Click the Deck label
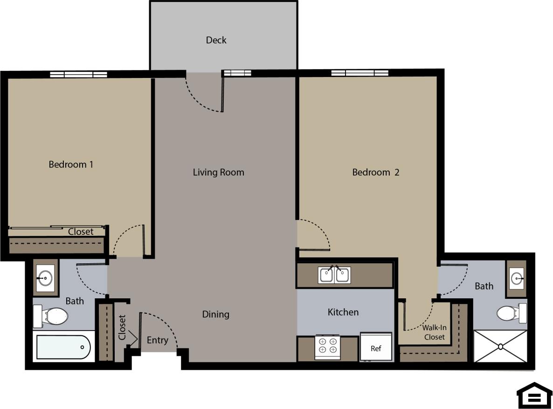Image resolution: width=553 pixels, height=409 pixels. [216, 40]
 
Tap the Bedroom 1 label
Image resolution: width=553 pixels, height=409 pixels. [71, 164]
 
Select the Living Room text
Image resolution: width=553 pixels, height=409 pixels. [218, 172]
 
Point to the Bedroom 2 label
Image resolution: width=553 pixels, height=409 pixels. [375, 172]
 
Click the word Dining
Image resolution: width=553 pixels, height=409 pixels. [215, 314]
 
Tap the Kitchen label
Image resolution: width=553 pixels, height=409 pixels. [343, 312]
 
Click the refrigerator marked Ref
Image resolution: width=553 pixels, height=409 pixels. [376, 347]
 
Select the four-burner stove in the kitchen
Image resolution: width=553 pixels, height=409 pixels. [327, 346]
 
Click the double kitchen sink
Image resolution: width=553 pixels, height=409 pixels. [335, 275]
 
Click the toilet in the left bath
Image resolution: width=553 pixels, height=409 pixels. [51, 317]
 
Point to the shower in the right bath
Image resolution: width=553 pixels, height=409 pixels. [500, 346]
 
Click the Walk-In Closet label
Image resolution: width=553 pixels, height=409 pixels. [434, 332]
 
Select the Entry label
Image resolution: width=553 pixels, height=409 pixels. [157, 340]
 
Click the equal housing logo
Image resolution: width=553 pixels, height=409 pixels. [534, 395]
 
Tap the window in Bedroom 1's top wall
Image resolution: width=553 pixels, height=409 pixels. [78, 74]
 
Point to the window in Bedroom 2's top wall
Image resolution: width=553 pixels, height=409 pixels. [359, 73]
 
